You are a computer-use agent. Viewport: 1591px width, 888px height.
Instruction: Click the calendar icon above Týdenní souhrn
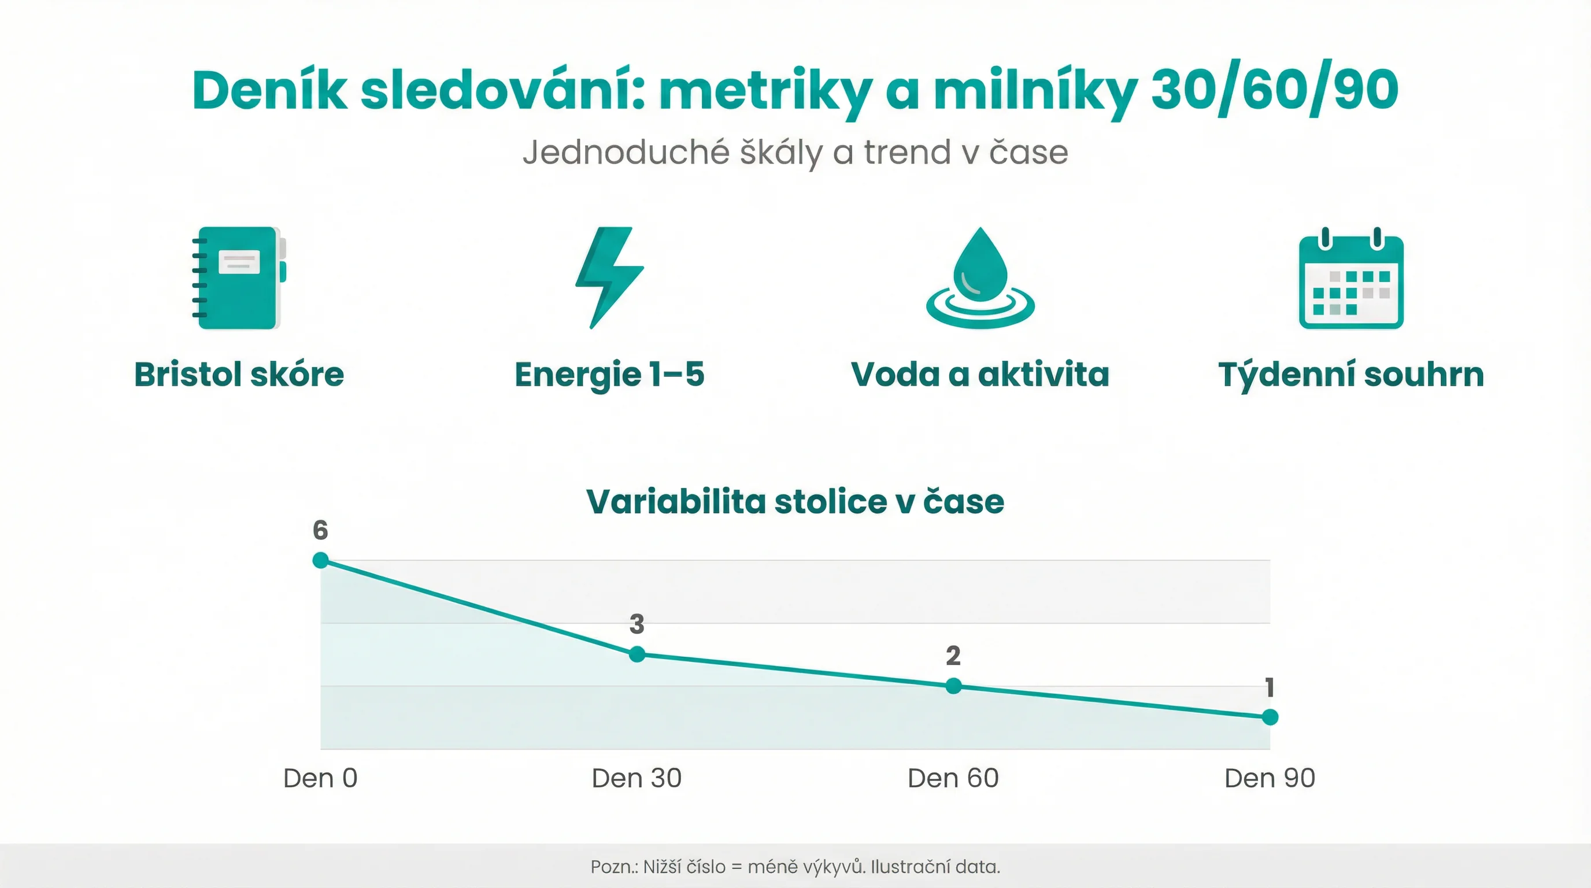tap(1350, 279)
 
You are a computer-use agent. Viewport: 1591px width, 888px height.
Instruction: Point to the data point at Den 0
tap(320, 560)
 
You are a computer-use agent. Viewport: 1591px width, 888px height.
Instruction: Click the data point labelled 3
tap(637, 654)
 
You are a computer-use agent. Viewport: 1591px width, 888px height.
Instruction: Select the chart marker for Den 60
tap(953, 686)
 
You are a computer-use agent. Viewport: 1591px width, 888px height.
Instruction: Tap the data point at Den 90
tap(1270, 717)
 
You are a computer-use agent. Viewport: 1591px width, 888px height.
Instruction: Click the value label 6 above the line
tap(320, 530)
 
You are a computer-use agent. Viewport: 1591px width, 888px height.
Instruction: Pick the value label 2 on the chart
tap(953, 655)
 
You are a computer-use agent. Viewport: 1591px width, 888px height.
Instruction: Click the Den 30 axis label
tap(636, 778)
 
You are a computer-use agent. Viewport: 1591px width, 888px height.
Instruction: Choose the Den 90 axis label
tap(1270, 778)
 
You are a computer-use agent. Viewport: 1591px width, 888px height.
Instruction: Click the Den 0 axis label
tap(320, 778)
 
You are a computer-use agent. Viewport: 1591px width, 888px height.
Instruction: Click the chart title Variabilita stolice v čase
tap(795, 501)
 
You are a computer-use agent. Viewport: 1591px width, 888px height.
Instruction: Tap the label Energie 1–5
tap(609, 374)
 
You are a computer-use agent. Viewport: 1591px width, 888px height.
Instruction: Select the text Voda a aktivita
tap(979, 374)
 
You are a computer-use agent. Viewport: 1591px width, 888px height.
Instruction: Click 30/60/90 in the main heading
tap(1275, 90)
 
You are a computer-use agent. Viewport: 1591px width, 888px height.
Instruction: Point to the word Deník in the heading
tap(270, 90)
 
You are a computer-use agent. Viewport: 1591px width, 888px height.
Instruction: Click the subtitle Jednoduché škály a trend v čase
tap(795, 152)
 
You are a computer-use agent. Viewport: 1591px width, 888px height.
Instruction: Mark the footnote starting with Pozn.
tap(795, 867)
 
